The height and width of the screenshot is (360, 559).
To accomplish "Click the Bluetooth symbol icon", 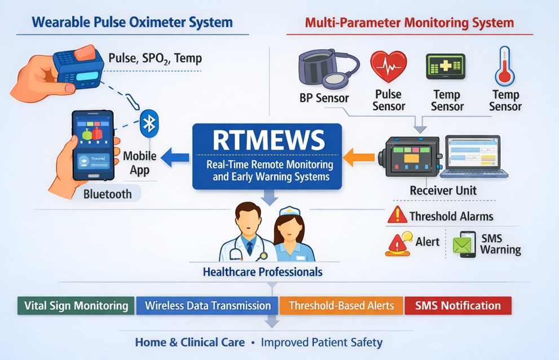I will pyautogui.click(x=149, y=124).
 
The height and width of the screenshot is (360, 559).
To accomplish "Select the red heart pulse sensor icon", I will pyautogui.click(x=388, y=67).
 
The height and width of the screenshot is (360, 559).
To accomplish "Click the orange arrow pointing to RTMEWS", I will pyautogui.click(x=359, y=156).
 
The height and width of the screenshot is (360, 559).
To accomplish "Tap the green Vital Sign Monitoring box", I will pyautogui.click(x=76, y=306).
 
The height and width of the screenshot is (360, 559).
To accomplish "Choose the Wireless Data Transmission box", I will pyautogui.click(x=208, y=306).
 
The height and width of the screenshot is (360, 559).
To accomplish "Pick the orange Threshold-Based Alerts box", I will pyautogui.click(x=341, y=306).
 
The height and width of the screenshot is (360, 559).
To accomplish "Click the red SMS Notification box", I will pyautogui.click(x=458, y=306).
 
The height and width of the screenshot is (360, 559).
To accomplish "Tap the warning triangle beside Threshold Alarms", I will pyautogui.click(x=398, y=215).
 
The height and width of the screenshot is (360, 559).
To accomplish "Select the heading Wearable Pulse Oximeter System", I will pyautogui.click(x=133, y=23).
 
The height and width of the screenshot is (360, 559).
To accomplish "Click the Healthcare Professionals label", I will pyautogui.click(x=262, y=272).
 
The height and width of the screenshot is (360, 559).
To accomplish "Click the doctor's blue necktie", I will pyautogui.click(x=249, y=247).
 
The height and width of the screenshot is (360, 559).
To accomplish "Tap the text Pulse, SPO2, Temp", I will pyautogui.click(x=155, y=58).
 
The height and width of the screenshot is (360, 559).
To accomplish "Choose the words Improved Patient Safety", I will pyautogui.click(x=322, y=342).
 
